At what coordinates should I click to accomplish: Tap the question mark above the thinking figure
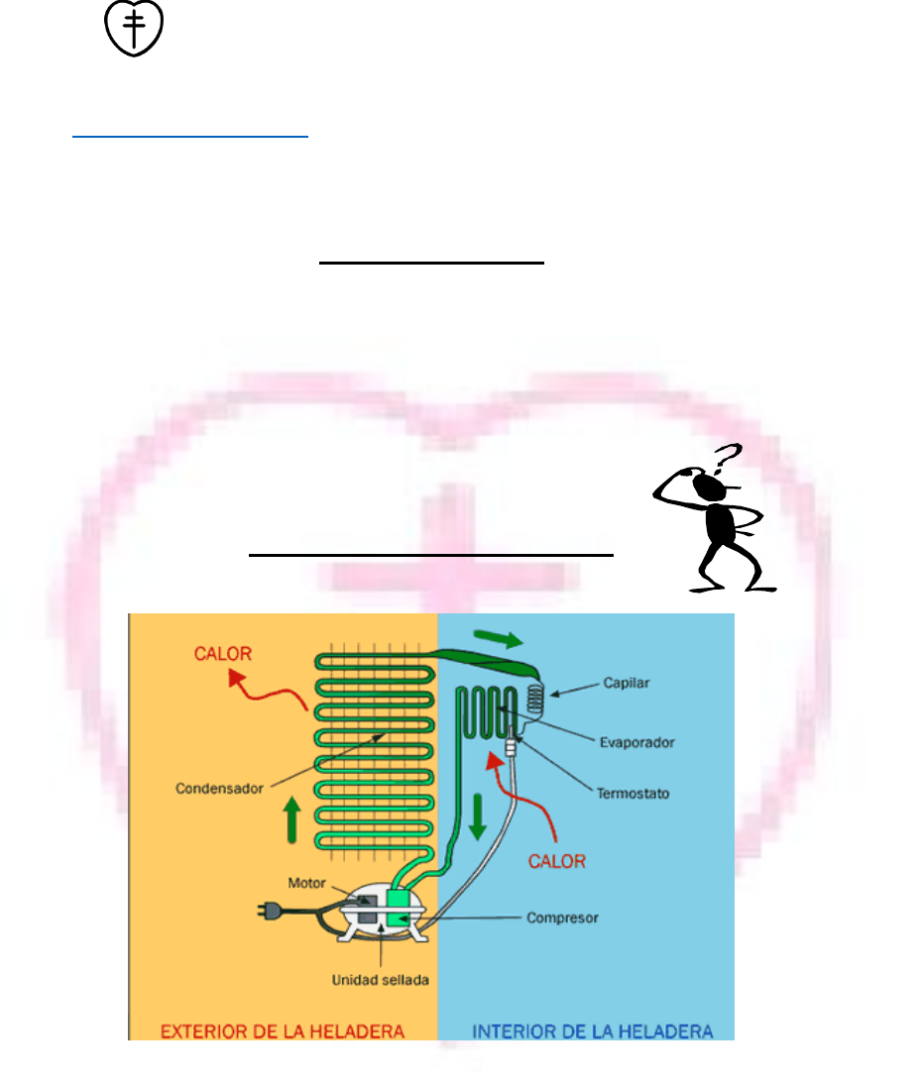(x=729, y=458)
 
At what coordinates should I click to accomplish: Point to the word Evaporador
(x=640, y=741)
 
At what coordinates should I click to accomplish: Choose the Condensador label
(x=220, y=789)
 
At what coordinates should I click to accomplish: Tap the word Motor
(x=307, y=881)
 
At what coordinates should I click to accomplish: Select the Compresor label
(x=562, y=918)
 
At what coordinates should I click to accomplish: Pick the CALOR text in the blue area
(x=557, y=861)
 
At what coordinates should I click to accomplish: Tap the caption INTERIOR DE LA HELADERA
(x=593, y=1031)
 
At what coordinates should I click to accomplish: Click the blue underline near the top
(x=191, y=138)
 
